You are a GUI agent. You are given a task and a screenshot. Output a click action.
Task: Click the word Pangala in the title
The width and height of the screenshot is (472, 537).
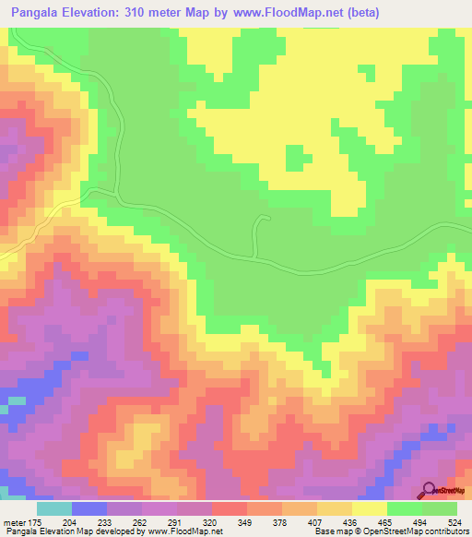tap(40, 14)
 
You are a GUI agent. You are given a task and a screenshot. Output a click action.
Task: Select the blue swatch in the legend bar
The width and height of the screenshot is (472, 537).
tap(88, 508)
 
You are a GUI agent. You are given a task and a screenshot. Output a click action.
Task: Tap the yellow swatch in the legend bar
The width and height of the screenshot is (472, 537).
tap(369, 508)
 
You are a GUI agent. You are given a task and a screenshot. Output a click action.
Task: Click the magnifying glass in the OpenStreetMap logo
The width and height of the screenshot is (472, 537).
tap(430, 490)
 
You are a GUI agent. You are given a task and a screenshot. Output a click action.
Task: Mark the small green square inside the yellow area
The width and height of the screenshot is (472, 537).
tap(295, 159)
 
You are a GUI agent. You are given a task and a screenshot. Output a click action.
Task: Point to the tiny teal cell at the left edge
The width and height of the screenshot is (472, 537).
tap(12, 403)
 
